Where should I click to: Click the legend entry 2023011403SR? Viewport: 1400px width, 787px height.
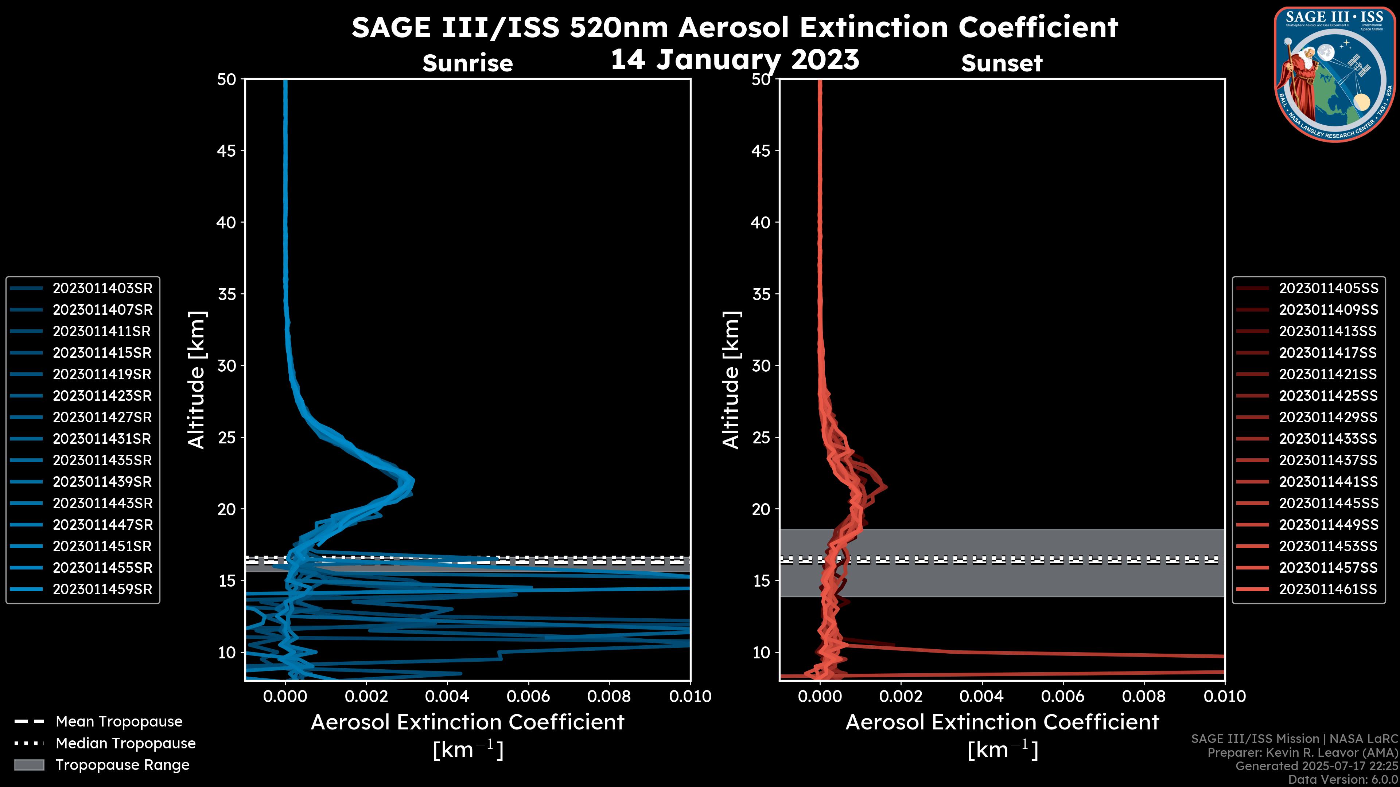tap(102, 289)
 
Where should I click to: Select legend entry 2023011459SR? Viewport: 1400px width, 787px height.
tap(102, 589)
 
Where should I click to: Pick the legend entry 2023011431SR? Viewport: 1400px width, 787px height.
tap(102, 439)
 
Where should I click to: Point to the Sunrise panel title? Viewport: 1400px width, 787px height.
tap(467, 63)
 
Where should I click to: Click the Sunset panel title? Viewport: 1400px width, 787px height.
tap(1002, 63)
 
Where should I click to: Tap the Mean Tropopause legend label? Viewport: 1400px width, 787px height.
tap(119, 722)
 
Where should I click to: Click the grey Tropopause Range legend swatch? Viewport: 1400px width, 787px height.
tap(29, 765)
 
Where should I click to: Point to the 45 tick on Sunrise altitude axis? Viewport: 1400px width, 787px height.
tap(227, 150)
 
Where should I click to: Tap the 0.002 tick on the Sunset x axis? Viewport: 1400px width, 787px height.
tap(901, 696)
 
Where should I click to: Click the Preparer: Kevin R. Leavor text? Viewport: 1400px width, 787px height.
tap(1302, 753)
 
